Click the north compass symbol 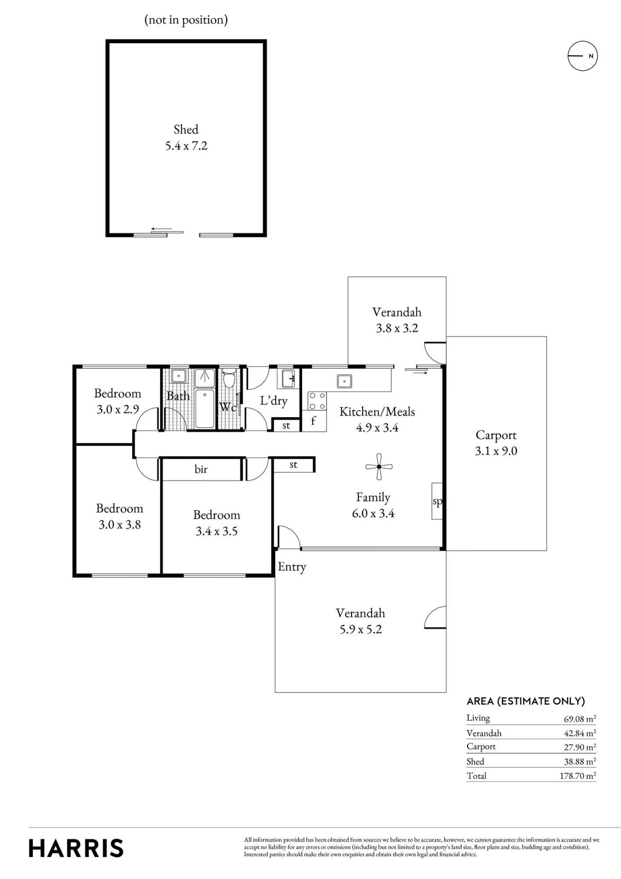[582, 56]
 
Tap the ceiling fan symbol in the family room [379, 467]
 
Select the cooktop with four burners [317, 401]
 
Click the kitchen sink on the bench [344, 381]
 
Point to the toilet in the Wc [229, 378]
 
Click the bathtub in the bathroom [205, 408]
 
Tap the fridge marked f [314, 421]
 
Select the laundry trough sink [289, 378]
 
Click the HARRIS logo [76, 848]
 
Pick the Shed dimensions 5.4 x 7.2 [186, 146]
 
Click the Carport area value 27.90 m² [580, 747]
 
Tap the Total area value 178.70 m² [578, 776]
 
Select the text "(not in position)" [186, 20]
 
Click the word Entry [292, 567]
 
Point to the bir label [201, 469]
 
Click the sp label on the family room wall [437, 501]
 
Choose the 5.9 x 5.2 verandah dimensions [361, 629]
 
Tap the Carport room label [496, 435]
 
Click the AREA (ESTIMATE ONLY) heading [526, 701]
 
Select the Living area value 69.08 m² [580, 719]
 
